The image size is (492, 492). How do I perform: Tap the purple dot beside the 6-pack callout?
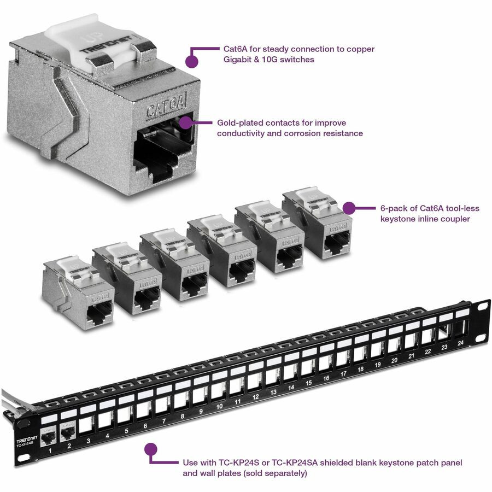tap(348, 208)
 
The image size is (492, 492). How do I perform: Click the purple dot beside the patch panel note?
tap(151, 449)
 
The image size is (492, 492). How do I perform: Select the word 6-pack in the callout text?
tap(394, 208)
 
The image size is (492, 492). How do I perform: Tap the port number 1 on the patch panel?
tap(50, 451)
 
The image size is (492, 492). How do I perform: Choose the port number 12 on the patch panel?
tap(255, 398)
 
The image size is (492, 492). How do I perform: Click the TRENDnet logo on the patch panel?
tap(27, 441)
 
